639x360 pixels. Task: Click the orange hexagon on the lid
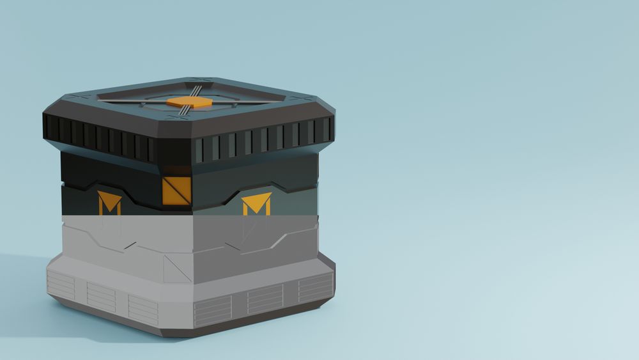coord(189,102)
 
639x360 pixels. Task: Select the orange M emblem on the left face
coord(109,203)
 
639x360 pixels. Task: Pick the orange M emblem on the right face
coord(256,204)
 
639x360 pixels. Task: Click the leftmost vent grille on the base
coord(61,285)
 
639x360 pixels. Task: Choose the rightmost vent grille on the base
coord(316,288)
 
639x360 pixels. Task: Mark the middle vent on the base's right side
coord(265,299)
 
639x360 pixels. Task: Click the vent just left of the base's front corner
coord(143,309)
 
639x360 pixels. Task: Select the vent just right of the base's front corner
coord(213,311)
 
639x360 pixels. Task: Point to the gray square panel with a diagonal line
coord(177,268)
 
